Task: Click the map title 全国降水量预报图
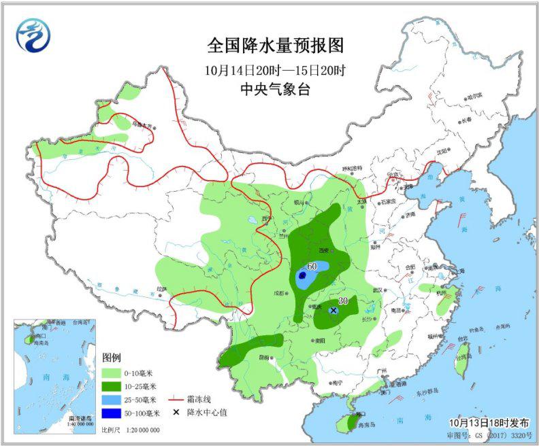[276, 46]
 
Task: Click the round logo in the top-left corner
[33, 35]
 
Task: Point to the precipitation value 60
[312, 266]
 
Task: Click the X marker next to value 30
[333, 310]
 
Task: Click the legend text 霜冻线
[199, 399]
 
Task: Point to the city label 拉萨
[161, 289]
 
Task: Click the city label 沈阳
[442, 151]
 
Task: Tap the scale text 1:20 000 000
[142, 430]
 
